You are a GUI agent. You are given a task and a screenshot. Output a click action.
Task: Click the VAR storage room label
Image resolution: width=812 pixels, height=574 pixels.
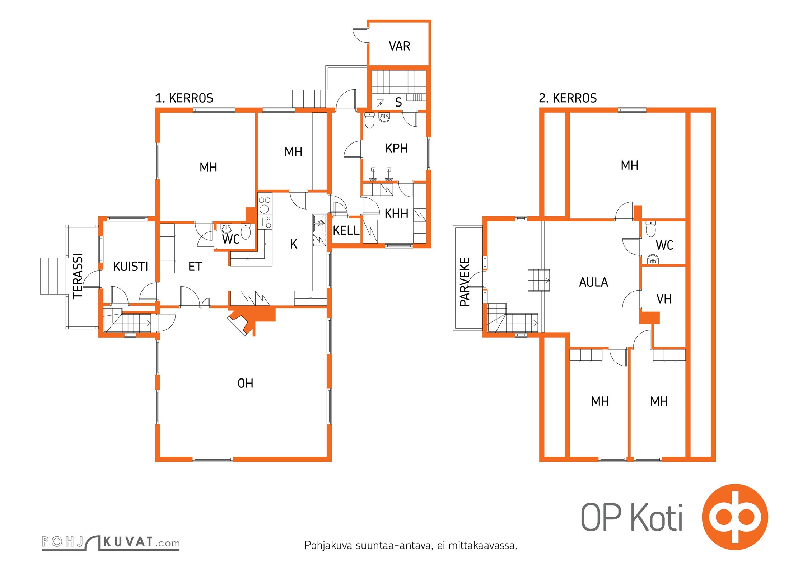click(399, 46)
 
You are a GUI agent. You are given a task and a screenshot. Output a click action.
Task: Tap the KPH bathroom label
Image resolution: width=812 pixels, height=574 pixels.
click(396, 148)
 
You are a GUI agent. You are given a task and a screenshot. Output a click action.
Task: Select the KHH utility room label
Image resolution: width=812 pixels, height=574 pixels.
click(396, 213)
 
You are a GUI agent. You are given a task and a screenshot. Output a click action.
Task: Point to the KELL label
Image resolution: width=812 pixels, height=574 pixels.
click(346, 230)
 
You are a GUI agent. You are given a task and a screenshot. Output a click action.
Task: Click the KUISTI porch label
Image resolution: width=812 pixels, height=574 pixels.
click(130, 267)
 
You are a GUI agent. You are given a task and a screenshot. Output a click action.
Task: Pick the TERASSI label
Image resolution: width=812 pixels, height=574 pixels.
click(78, 276)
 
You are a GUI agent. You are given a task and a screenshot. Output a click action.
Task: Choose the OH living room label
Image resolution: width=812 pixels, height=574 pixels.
click(246, 384)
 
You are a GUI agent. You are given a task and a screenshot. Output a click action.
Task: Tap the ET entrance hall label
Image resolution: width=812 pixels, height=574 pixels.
click(195, 267)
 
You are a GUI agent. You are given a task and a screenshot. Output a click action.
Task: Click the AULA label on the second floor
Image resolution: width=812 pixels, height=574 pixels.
click(593, 282)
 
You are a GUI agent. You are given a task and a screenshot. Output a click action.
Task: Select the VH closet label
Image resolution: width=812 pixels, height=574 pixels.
click(664, 299)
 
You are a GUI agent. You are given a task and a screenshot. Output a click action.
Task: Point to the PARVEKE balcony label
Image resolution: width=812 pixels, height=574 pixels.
click(465, 282)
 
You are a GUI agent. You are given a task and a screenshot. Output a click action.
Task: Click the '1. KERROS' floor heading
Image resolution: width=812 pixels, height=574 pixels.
click(184, 98)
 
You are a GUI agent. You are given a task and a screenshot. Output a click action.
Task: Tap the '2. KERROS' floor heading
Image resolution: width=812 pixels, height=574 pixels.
click(568, 98)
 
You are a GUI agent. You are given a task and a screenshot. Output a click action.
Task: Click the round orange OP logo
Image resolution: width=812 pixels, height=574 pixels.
click(735, 517)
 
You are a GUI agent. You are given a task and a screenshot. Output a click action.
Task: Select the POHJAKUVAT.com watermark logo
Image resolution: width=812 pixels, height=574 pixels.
click(111, 542)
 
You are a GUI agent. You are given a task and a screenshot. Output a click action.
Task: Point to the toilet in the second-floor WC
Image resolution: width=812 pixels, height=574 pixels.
click(650, 229)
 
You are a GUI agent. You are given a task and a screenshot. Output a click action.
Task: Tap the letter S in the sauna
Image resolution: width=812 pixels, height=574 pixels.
click(398, 103)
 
